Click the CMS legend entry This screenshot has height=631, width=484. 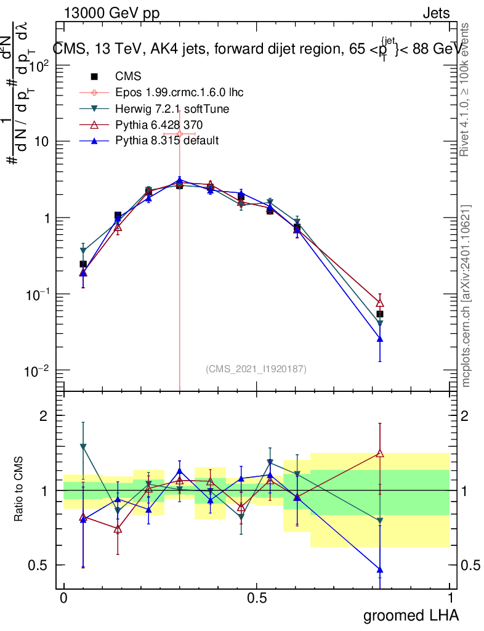coord(128,76)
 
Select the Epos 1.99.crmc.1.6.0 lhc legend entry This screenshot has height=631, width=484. coord(179,92)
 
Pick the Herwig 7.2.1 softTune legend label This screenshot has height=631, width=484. coord(172,108)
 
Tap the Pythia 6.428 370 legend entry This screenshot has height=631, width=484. coord(159,124)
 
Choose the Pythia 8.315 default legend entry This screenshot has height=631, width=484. coord(167,140)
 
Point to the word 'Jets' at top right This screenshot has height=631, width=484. coord(436,14)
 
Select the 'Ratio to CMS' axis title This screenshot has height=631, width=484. coord(20,491)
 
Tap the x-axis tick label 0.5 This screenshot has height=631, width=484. coord(257,598)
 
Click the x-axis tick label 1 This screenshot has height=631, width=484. coord(450,598)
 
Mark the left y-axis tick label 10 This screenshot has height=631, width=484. coord(41,142)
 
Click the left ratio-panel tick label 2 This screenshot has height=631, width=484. coord(43,416)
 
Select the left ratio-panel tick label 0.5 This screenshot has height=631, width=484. coord(38,565)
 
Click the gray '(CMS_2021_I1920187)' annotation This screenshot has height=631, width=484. coord(256,368)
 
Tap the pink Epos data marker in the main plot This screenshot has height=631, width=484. coord(179,133)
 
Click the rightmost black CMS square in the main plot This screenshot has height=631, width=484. coord(380,314)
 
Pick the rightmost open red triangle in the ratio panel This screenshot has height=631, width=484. coord(380,454)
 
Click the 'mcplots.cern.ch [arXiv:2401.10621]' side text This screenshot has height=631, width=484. coord(466,296)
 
